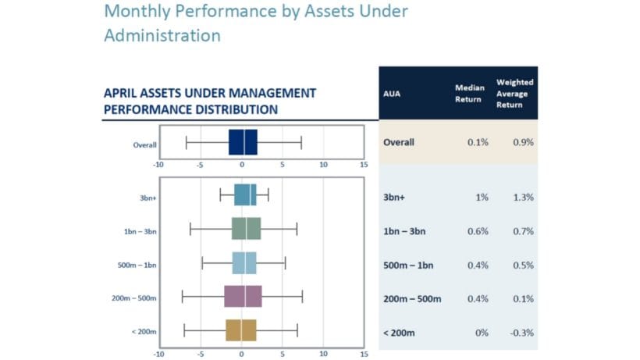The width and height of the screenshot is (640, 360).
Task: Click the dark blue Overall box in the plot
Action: click(x=243, y=144)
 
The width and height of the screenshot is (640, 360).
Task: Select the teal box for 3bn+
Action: click(x=245, y=195)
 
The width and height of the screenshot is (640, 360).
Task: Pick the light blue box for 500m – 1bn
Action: click(x=244, y=263)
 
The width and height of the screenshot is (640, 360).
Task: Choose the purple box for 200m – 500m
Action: click(x=243, y=297)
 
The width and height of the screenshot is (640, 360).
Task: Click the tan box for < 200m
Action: click(x=241, y=330)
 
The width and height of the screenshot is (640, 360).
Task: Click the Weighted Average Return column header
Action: click(x=515, y=93)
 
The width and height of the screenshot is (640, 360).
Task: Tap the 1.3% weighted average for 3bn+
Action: click(x=524, y=198)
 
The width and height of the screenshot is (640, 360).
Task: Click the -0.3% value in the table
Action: click(x=522, y=333)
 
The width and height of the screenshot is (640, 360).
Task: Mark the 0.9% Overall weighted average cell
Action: click(x=524, y=143)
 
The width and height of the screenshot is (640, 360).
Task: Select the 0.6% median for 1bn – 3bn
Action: click(x=477, y=231)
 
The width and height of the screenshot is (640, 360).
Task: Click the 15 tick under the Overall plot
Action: click(x=364, y=165)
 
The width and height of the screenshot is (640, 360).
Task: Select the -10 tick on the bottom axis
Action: click(x=158, y=354)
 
